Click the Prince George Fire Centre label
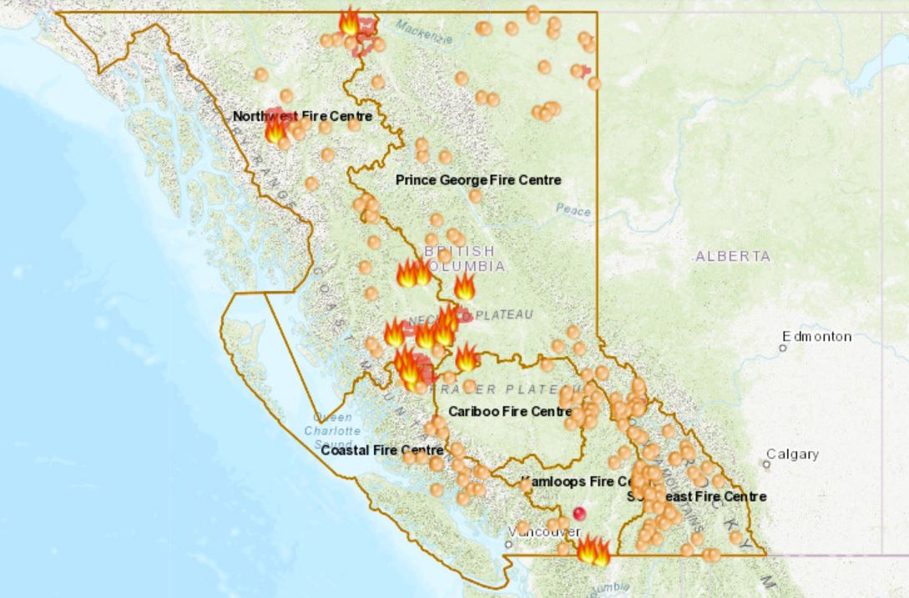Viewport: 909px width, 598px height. pos(478,180)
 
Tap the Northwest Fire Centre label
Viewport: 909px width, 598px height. pos(302,116)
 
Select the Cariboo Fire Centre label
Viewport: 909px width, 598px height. pos(509,411)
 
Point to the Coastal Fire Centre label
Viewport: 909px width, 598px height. pos(381,450)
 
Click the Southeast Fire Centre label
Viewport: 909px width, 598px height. pos(696,496)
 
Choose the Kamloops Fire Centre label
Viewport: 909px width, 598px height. pos(578,482)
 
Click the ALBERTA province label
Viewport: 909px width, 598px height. pos(733,256)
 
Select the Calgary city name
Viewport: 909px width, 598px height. pos(792,455)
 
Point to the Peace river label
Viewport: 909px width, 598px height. pos(573,210)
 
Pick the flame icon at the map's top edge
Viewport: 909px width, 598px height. pos(349,23)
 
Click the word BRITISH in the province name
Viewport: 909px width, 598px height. pos(459,251)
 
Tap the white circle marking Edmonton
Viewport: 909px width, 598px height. pos(784,348)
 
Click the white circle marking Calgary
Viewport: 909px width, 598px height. pos(767,464)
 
